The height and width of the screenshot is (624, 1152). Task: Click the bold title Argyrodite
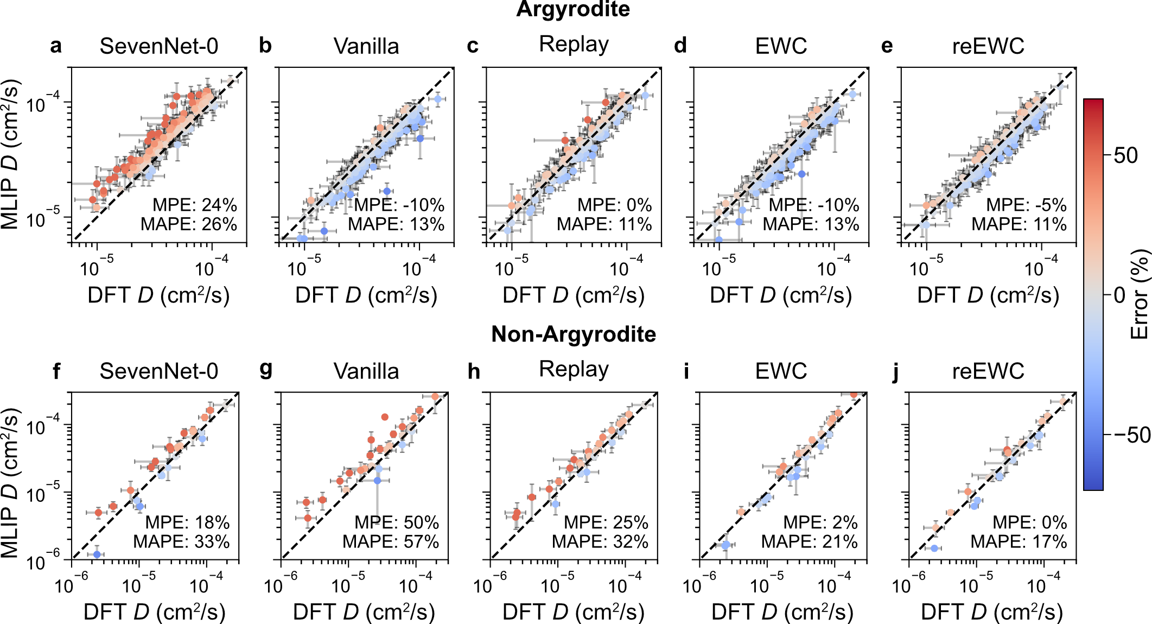(573, 10)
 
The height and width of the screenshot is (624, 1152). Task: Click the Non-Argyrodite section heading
(574, 334)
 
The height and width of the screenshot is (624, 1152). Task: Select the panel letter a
(55, 46)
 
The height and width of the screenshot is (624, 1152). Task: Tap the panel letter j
(895, 372)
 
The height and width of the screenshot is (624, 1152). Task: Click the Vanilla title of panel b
(366, 46)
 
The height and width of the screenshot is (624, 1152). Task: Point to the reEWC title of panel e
(988, 46)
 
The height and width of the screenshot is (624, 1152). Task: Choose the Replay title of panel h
(574, 369)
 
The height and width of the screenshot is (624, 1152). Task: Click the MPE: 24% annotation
(195, 205)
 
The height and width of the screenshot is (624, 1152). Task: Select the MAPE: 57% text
(391, 541)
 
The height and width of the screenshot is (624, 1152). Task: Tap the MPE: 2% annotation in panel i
(820, 522)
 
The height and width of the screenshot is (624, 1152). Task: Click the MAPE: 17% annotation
(1019, 541)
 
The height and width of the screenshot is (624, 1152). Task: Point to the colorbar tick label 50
(1125, 156)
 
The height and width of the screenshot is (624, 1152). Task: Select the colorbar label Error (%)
(1140, 294)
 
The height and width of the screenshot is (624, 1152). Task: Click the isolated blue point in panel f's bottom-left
(97, 554)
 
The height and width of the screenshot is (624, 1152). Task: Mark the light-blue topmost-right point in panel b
(438, 99)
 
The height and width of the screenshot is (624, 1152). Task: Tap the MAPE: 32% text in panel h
(600, 541)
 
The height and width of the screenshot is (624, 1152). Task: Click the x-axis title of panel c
(574, 295)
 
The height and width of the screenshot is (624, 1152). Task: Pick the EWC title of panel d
(781, 46)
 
